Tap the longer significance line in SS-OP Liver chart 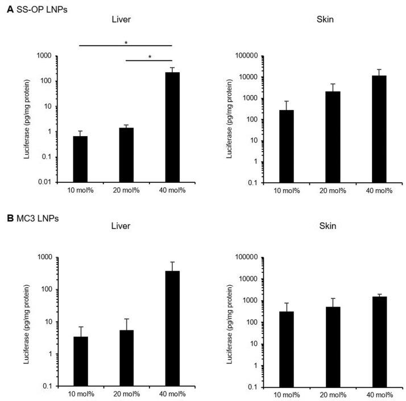(125, 46)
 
